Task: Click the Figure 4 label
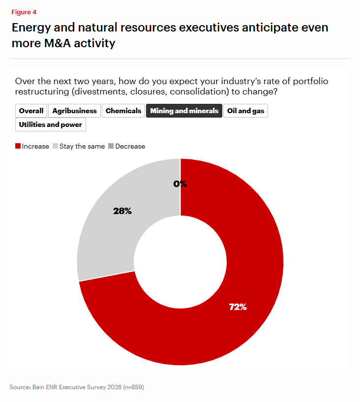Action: tap(24, 12)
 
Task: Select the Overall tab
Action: tap(31, 111)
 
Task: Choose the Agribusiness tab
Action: tap(74, 111)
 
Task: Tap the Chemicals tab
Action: tap(123, 111)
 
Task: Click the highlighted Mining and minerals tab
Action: tap(184, 111)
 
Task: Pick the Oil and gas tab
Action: tap(245, 111)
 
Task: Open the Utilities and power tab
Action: tap(51, 124)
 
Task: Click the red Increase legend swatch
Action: tap(18, 146)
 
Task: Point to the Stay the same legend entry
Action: tap(82, 146)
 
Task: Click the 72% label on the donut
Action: tap(238, 307)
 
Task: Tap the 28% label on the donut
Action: tap(122, 211)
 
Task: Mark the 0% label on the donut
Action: tap(180, 184)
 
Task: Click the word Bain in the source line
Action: tap(39, 387)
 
